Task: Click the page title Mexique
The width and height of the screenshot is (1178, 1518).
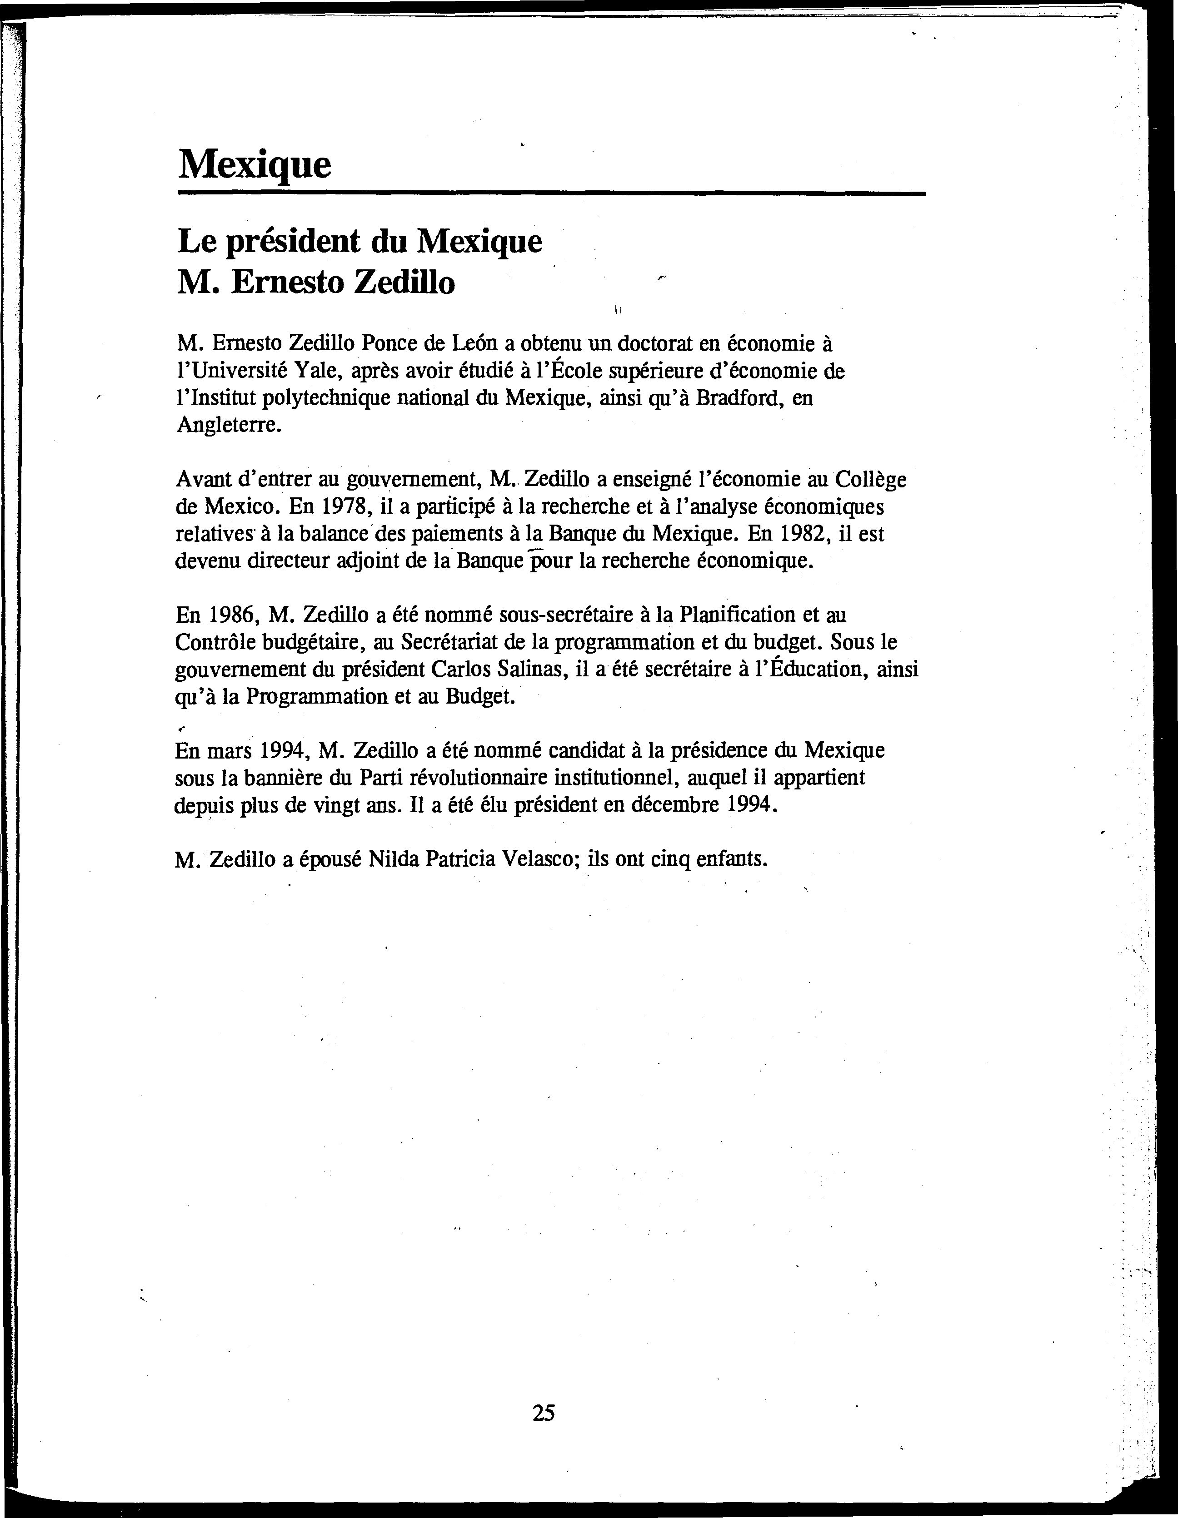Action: [x=255, y=165]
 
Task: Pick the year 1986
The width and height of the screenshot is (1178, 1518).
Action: [x=225, y=615]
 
